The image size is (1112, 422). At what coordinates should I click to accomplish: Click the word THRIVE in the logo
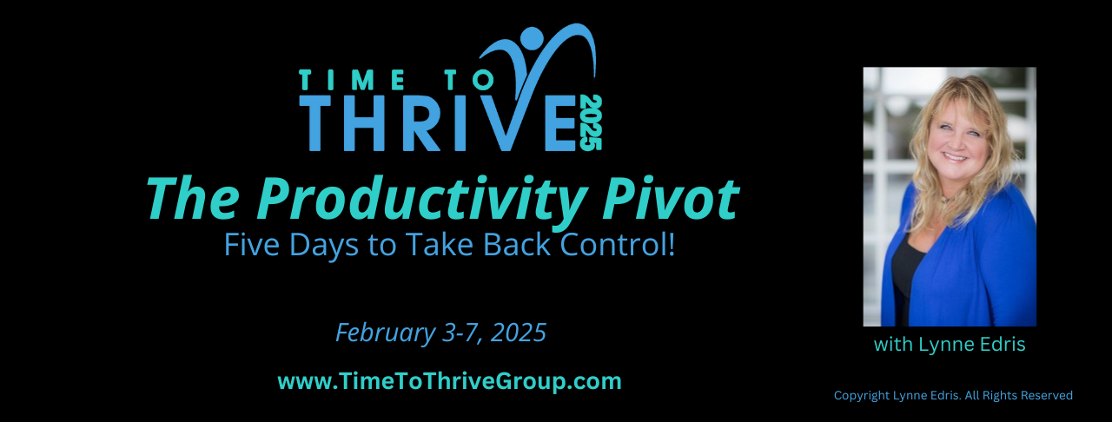pyautogui.click(x=435, y=124)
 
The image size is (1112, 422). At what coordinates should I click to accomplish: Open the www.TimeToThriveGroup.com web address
pyautogui.click(x=449, y=381)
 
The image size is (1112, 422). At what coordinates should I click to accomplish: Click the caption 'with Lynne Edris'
pyautogui.click(x=950, y=345)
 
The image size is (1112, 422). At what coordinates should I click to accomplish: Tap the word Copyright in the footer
pyautogui.click(x=863, y=395)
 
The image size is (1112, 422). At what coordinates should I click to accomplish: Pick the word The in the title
pyautogui.click(x=192, y=199)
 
